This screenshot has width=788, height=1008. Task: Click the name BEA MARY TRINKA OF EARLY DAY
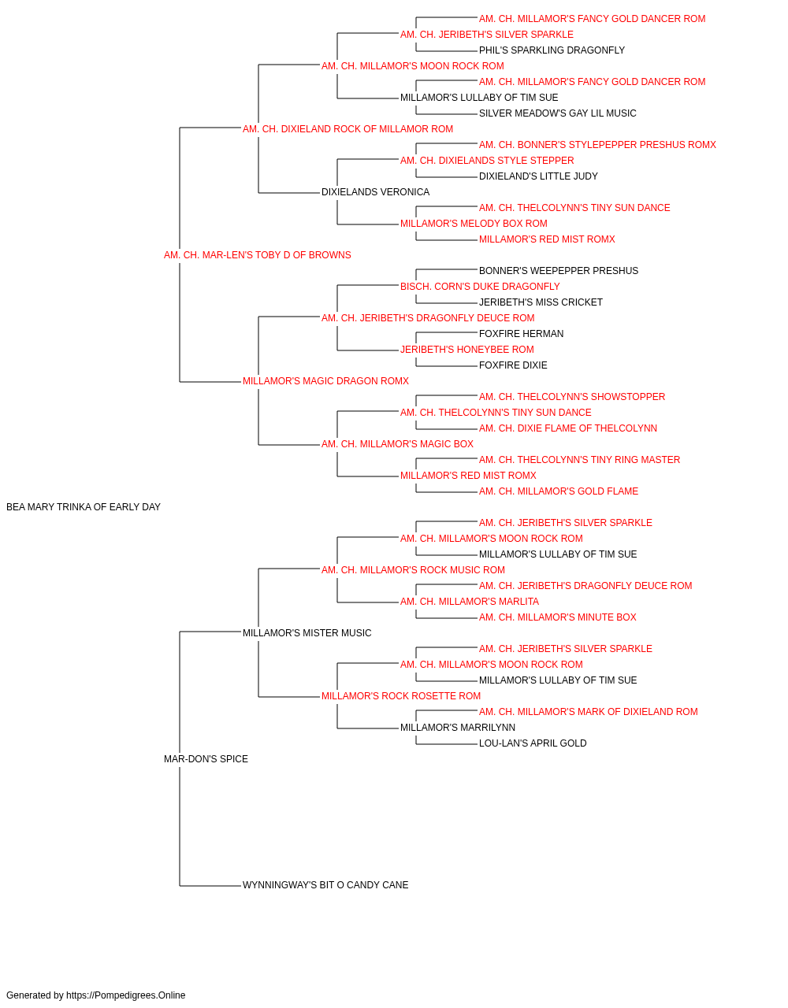(x=84, y=507)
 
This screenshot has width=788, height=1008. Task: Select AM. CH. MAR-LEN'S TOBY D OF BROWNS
(x=258, y=255)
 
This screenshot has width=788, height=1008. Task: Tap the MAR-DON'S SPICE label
(x=206, y=759)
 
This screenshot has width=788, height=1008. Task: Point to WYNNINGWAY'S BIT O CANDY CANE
(x=325, y=885)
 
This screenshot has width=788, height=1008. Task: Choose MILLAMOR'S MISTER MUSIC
(x=307, y=633)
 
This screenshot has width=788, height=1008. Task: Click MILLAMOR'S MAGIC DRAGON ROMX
(x=325, y=381)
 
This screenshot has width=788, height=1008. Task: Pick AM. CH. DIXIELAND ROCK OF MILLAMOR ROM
(x=348, y=129)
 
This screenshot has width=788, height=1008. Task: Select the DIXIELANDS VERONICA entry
(x=375, y=192)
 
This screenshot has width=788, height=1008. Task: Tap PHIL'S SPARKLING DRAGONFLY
(x=552, y=50)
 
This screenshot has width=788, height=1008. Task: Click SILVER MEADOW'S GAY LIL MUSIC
(x=557, y=113)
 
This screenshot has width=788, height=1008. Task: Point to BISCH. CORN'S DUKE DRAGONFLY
(x=480, y=287)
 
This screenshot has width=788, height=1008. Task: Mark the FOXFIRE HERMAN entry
(x=521, y=334)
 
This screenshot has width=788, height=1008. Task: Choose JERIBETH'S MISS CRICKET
(x=541, y=302)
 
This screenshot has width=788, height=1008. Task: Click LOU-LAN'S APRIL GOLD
(x=533, y=743)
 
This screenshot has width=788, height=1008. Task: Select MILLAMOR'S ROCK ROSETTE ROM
(x=401, y=696)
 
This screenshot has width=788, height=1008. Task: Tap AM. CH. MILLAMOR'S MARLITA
(x=470, y=602)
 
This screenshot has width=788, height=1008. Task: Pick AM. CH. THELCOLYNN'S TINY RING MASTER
(x=580, y=460)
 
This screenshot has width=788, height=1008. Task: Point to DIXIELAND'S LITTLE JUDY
(x=538, y=176)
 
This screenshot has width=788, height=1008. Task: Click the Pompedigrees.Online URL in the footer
(x=126, y=995)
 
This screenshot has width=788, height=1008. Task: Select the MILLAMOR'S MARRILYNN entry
(x=458, y=728)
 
